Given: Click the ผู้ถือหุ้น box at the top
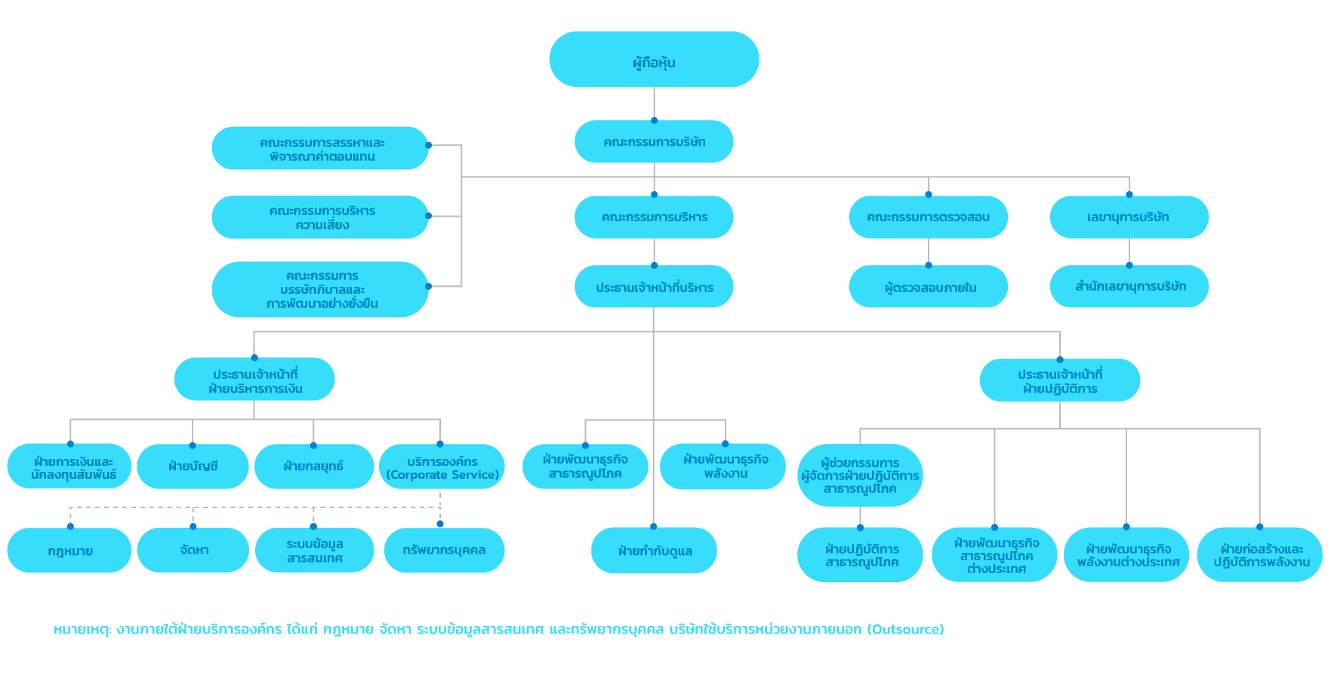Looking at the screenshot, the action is click(654, 59).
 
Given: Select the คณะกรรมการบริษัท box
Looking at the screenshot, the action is click(654, 141).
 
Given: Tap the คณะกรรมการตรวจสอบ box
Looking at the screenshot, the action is click(928, 217).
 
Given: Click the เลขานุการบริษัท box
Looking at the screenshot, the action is click(1129, 217).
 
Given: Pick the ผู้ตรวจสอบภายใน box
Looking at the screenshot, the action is click(928, 286).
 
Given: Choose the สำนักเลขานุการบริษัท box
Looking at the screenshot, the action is click(1129, 286).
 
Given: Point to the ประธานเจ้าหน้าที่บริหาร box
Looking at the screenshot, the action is click(654, 286).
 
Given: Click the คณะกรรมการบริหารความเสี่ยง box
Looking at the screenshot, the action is click(320, 217).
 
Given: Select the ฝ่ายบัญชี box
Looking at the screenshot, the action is click(193, 466).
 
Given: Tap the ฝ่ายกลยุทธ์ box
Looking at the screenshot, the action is click(313, 466).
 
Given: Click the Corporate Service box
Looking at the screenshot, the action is click(441, 466).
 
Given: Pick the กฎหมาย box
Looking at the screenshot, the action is click(69, 550).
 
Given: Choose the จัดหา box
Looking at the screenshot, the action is click(193, 550).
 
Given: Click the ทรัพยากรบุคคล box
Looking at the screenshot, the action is click(444, 550).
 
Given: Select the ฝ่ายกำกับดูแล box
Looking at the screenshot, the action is click(654, 550).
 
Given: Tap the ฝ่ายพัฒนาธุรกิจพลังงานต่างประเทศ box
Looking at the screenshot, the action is click(1126, 554).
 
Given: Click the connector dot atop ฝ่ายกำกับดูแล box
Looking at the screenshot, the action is click(654, 526).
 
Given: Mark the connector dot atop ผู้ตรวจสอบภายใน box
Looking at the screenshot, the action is click(929, 265).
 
